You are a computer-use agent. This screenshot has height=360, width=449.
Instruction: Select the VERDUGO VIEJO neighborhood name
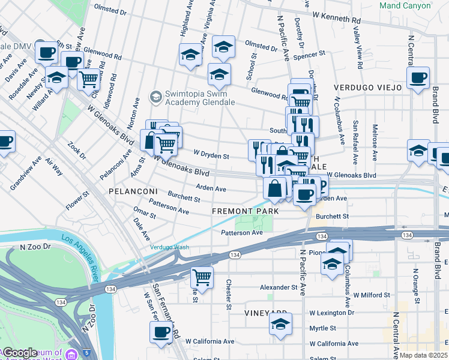(x=373, y=88)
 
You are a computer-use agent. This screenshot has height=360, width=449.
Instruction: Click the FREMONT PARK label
(x=246, y=212)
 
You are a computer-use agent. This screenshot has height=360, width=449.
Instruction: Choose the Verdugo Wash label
(x=169, y=247)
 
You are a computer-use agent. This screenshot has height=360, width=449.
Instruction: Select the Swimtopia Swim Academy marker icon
(x=155, y=97)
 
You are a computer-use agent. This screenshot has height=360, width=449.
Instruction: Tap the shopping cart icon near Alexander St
(x=202, y=278)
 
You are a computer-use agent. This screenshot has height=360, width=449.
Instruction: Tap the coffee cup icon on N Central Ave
(x=418, y=77)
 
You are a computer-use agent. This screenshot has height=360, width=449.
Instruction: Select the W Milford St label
(x=372, y=295)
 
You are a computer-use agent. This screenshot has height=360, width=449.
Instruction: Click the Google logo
(x=20, y=353)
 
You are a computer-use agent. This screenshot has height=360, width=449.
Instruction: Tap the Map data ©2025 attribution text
(x=424, y=355)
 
